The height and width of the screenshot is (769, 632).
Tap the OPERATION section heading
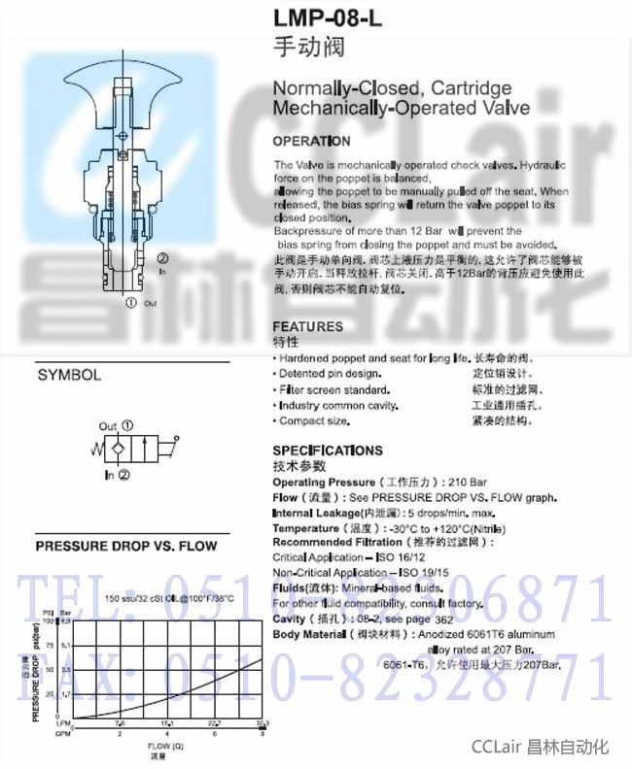[x=311, y=142]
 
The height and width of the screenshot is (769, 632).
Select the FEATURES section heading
[x=307, y=326]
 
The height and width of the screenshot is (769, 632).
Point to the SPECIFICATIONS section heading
[x=328, y=451]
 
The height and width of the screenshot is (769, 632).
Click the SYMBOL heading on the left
[x=69, y=375]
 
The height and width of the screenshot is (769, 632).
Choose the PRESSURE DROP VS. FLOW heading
[x=126, y=547]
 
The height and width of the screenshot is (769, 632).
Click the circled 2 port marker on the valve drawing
[x=162, y=258]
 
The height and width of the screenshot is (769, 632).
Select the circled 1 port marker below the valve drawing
[x=131, y=303]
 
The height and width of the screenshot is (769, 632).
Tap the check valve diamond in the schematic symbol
[x=116, y=451]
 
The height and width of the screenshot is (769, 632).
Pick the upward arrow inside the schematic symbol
[x=142, y=451]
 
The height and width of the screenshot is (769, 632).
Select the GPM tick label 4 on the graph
[x=167, y=733]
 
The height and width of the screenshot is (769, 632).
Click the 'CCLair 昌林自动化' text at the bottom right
[x=540, y=747]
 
